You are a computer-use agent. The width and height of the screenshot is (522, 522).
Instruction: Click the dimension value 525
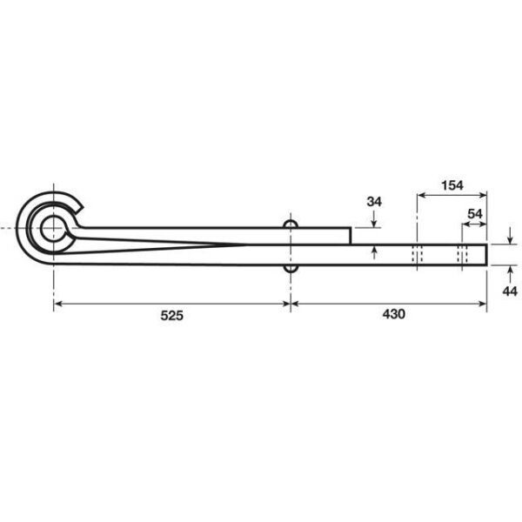pos(171,315)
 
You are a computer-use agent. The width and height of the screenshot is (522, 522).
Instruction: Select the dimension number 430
pos(393,314)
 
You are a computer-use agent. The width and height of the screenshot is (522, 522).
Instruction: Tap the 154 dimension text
pos(452,185)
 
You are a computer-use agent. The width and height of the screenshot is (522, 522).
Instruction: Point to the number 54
pos(475,214)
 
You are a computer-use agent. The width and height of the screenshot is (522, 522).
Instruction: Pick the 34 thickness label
pos(374,202)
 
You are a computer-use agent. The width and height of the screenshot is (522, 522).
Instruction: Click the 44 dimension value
pos(510,291)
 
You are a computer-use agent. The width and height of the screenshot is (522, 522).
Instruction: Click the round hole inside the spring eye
pos(53,228)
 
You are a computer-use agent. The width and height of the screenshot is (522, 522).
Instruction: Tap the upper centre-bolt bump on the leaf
pos(291,224)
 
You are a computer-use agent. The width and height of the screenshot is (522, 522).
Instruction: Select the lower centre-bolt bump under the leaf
pos(291,268)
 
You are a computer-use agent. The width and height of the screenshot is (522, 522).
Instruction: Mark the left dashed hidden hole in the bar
pos(417,255)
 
